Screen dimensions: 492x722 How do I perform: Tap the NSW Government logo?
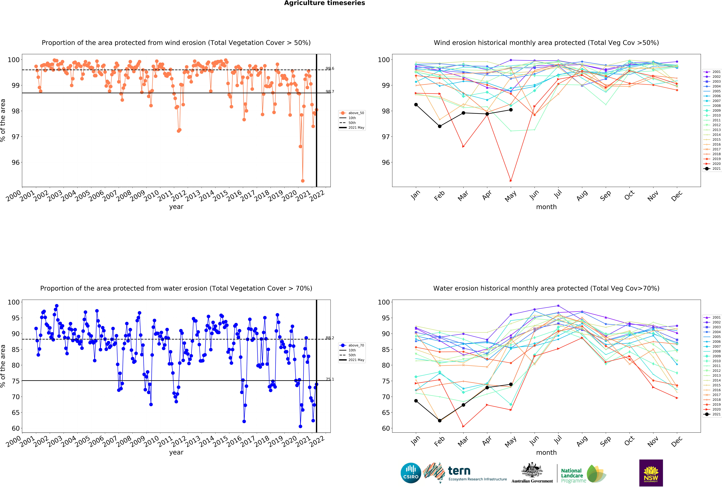[x=651, y=473]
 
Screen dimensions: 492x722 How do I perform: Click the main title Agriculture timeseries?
[x=324, y=3]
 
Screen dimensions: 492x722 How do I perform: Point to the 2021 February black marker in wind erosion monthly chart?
[x=440, y=126]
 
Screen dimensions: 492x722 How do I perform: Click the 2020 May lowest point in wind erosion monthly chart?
[x=511, y=181]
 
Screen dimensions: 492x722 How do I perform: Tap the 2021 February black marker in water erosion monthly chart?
[x=440, y=421]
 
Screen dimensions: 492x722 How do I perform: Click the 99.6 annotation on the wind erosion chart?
[x=330, y=68]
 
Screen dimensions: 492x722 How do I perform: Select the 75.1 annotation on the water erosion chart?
[x=330, y=379]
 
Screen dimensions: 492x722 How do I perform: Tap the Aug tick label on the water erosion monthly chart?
[x=582, y=441]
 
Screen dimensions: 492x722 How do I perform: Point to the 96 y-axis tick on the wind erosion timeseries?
[x=16, y=162]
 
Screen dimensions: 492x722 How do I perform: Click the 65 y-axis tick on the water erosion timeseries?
[x=16, y=412]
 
